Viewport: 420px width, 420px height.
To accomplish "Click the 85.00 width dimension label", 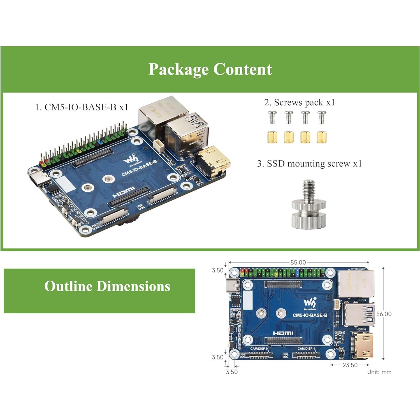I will (298, 262).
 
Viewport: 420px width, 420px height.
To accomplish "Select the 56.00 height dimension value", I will (384, 314).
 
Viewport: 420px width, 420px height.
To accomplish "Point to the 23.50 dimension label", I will (350, 365).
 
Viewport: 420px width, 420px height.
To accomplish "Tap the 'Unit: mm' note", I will (379, 372).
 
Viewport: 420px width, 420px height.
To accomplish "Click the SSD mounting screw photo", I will (308, 205).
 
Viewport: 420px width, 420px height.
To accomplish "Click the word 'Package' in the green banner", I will (179, 69).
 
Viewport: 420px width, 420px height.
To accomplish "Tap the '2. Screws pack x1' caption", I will (299, 102).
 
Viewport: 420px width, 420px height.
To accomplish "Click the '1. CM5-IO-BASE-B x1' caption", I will (82, 107).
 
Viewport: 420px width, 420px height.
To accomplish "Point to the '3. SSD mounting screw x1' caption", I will (309, 163).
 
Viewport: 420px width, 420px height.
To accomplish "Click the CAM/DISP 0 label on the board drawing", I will (259, 349).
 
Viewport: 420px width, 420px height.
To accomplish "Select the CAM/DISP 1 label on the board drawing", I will (306, 349).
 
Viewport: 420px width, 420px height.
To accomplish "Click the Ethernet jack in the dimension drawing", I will (356, 284).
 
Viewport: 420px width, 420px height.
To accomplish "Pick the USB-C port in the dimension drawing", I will (233, 285).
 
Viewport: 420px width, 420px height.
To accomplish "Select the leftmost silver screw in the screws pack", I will (272, 117).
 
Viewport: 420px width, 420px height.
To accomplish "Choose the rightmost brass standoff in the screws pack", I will (322, 137).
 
